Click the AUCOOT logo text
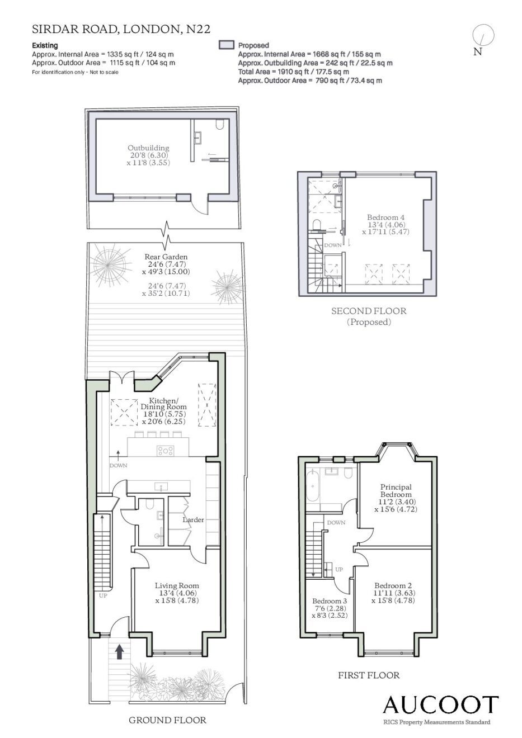point(440,704)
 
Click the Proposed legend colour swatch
point(227,45)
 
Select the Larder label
point(193,519)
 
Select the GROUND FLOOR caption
point(167,720)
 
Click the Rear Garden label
point(166,257)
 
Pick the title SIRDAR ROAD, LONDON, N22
point(121,29)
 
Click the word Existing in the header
point(45,45)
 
